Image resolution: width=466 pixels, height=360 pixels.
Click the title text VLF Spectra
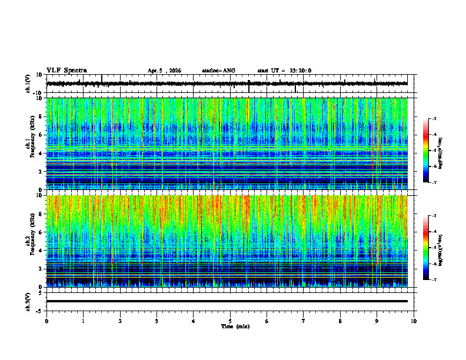pos(66,71)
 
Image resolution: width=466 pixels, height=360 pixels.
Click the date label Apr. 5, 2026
pos(164,71)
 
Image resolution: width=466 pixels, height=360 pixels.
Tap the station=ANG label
pos(218,71)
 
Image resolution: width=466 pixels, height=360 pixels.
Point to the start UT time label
pos(284,71)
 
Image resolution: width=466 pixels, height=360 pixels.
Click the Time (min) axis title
pos(235,326)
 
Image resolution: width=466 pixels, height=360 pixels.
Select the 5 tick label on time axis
pos(230,321)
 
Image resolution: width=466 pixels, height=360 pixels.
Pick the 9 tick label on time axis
pos(377,321)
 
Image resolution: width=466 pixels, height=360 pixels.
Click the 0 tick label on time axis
pos(46,321)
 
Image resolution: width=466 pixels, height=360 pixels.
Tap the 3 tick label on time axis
pos(157,321)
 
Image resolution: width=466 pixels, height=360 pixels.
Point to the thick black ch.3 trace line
pos(227,301)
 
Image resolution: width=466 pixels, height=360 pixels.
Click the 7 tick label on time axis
pos(304,321)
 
